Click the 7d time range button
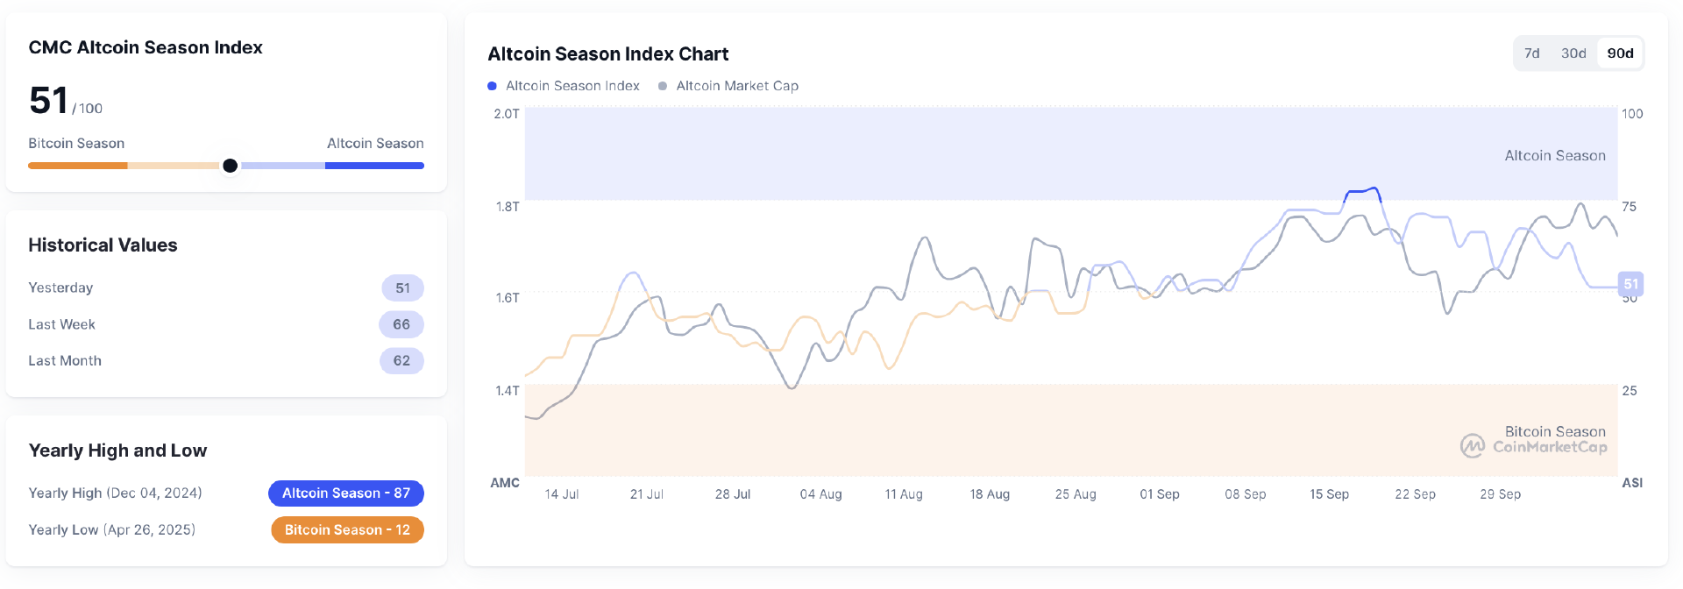coord(1531,53)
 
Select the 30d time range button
coord(1573,53)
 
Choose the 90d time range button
coord(1620,53)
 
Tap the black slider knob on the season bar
coord(230,166)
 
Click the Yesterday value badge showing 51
coord(402,288)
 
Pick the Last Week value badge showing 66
coord(401,324)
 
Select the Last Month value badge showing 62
coord(401,361)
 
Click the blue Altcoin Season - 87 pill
coord(346,493)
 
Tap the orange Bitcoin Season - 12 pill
coord(347,530)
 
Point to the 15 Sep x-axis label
coord(1329,494)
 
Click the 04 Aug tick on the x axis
coord(820,494)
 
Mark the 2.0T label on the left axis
coord(507,114)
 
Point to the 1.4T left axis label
coord(507,391)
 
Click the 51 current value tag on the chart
coord(1630,284)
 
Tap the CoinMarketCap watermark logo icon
coord(1473,446)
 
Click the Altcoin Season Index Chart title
coord(607,54)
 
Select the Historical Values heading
coord(103,245)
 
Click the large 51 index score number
coord(48,101)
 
